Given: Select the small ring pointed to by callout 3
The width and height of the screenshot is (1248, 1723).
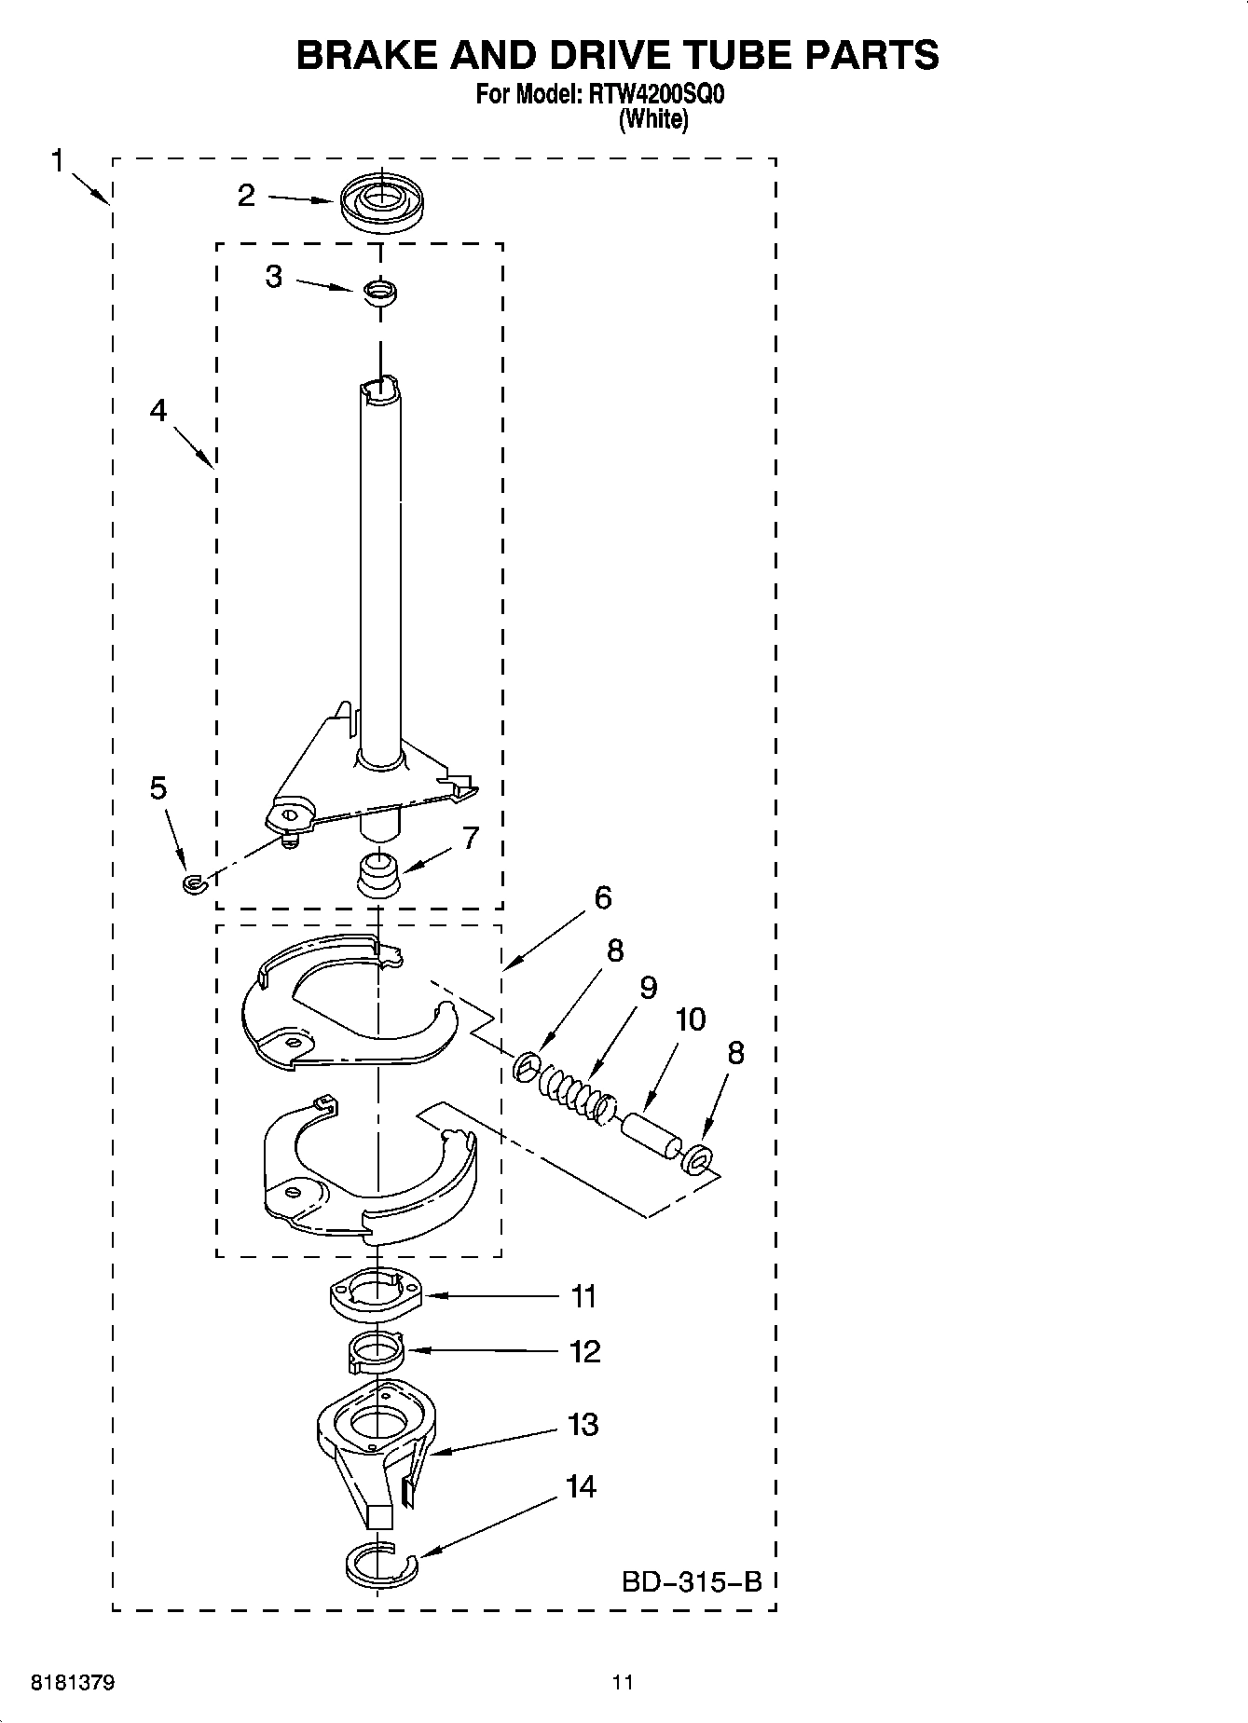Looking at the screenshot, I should pyautogui.click(x=380, y=292).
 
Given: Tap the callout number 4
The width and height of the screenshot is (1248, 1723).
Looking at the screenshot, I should pyautogui.click(x=158, y=410).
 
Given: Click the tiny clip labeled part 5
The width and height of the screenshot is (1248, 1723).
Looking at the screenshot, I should pyautogui.click(x=193, y=882).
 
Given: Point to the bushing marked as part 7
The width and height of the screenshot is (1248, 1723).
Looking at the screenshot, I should pyautogui.click(x=378, y=873).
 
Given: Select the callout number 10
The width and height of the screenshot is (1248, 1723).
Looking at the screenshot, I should pyautogui.click(x=690, y=1019).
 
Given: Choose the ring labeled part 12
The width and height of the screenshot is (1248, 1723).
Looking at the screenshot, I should pyautogui.click(x=375, y=1349).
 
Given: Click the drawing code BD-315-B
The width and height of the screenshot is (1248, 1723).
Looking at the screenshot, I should pyautogui.click(x=692, y=1581).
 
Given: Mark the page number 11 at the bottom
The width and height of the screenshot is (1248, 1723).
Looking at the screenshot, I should pyautogui.click(x=623, y=1683).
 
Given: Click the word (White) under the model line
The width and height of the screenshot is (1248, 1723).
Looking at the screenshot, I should pyautogui.click(x=653, y=119).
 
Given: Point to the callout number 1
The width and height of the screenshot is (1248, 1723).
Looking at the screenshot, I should pyautogui.click(x=57, y=161).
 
